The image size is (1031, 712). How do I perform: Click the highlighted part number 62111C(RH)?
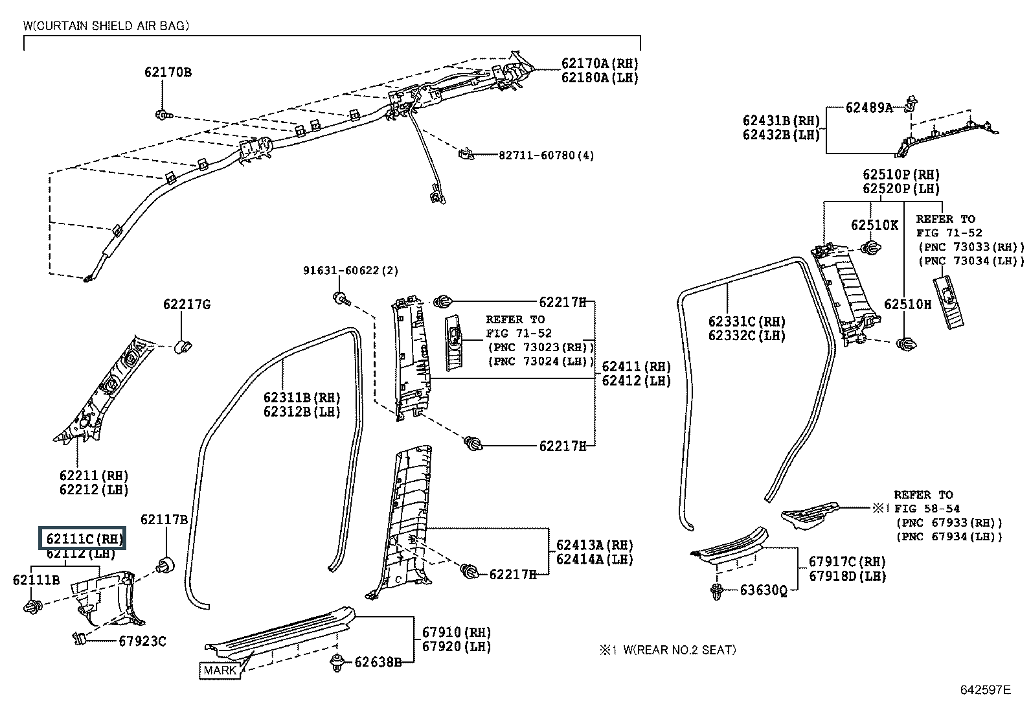[x=84, y=539]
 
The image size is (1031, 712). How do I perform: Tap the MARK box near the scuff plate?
[x=220, y=671]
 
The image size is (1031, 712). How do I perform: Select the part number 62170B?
[x=168, y=73]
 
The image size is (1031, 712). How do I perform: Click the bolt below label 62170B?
[x=162, y=115]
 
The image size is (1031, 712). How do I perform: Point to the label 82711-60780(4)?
[x=546, y=155]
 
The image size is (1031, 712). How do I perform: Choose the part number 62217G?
[x=187, y=304]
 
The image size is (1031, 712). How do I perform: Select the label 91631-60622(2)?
[x=351, y=270]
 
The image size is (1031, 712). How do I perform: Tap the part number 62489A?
[x=868, y=108]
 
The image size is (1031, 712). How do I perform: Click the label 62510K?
[x=874, y=225]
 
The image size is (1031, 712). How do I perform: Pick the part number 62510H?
[x=907, y=304]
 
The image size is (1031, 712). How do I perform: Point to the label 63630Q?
[x=764, y=590]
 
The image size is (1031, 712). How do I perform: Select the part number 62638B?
[x=378, y=661]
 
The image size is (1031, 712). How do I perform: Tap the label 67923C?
[x=142, y=641]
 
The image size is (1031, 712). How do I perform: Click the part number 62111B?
[x=36, y=580]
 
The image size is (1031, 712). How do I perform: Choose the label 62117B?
[x=164, y=520]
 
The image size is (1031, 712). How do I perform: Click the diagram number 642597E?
[x=984, y=690]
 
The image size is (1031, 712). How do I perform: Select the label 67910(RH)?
[x=456, y=632]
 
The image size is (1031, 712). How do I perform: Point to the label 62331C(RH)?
[x=747, y=322]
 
